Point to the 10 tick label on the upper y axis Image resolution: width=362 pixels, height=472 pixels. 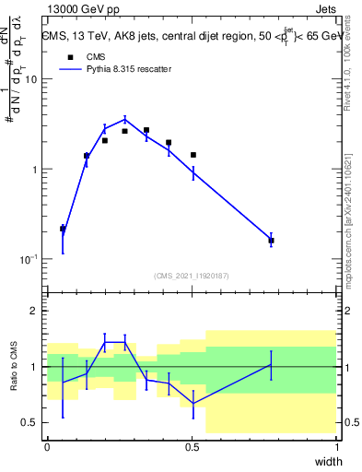29,79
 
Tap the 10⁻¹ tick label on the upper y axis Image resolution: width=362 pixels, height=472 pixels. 28,260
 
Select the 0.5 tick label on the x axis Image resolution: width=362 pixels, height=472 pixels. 192,446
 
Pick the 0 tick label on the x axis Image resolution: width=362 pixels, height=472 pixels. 47,446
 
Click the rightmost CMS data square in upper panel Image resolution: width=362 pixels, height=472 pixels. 271,241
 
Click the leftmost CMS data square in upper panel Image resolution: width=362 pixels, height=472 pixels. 63,229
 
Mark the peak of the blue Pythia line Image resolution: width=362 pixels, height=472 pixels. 125,119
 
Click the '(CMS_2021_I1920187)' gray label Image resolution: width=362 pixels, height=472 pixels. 192,276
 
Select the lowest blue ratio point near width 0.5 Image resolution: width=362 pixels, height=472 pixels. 193,404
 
